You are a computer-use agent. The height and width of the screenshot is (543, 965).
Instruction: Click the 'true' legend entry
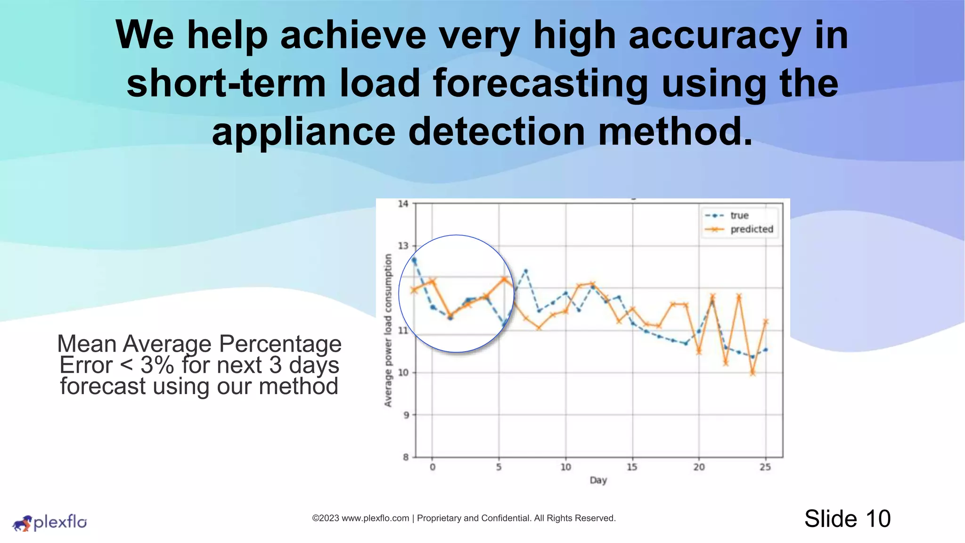pos(739,215)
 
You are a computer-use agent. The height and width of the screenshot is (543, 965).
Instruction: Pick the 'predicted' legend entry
pos(752,229)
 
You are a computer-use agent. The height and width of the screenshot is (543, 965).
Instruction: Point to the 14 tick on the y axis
pos(403,204)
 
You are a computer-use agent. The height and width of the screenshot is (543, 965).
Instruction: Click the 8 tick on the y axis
pos(406,457)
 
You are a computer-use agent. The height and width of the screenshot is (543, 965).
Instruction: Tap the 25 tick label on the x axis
pos(765,467)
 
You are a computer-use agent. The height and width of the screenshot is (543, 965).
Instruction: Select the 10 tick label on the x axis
pos(565,467)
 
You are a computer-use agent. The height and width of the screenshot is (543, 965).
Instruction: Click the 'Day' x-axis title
pos(598,480)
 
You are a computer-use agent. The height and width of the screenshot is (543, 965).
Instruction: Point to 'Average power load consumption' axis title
pos(388,330)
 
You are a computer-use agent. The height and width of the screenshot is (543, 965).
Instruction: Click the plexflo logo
pos(49,522)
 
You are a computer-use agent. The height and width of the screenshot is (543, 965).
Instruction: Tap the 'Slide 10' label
pos(847,518)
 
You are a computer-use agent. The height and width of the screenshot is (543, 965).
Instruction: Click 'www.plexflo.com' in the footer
pos(375,518)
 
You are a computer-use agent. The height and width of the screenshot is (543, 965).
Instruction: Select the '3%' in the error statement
pos(157,365)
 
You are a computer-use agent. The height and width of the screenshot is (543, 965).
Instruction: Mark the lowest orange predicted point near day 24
pos(752,373)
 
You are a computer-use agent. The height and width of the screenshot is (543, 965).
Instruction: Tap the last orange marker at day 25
pos(766,321)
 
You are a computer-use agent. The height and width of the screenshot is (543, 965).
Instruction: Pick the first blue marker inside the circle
pos(414,260)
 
